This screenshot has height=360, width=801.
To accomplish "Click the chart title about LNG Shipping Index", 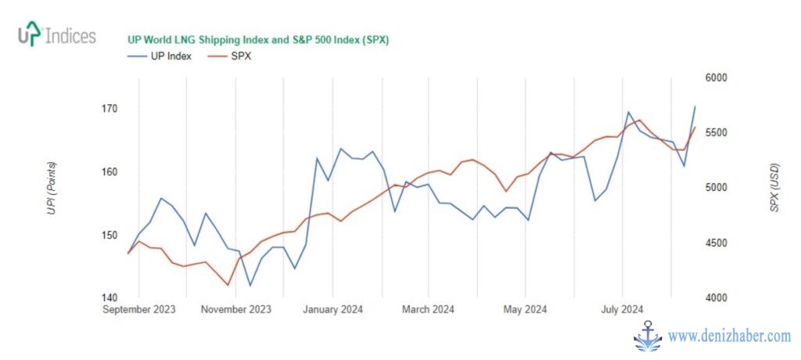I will click(x=258, y=40).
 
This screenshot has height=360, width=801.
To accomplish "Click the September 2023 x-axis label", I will click(x=140, y=309).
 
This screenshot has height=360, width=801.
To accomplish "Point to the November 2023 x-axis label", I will click(x=235, y=309).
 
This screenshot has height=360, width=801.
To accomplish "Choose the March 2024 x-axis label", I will click(x=429, y=309).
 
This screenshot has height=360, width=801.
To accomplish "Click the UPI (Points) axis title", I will click(x=52, y=188).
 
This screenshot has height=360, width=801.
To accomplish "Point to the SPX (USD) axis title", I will click(x=774, y=188).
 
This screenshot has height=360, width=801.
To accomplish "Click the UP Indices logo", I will click(x=56, y=36).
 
